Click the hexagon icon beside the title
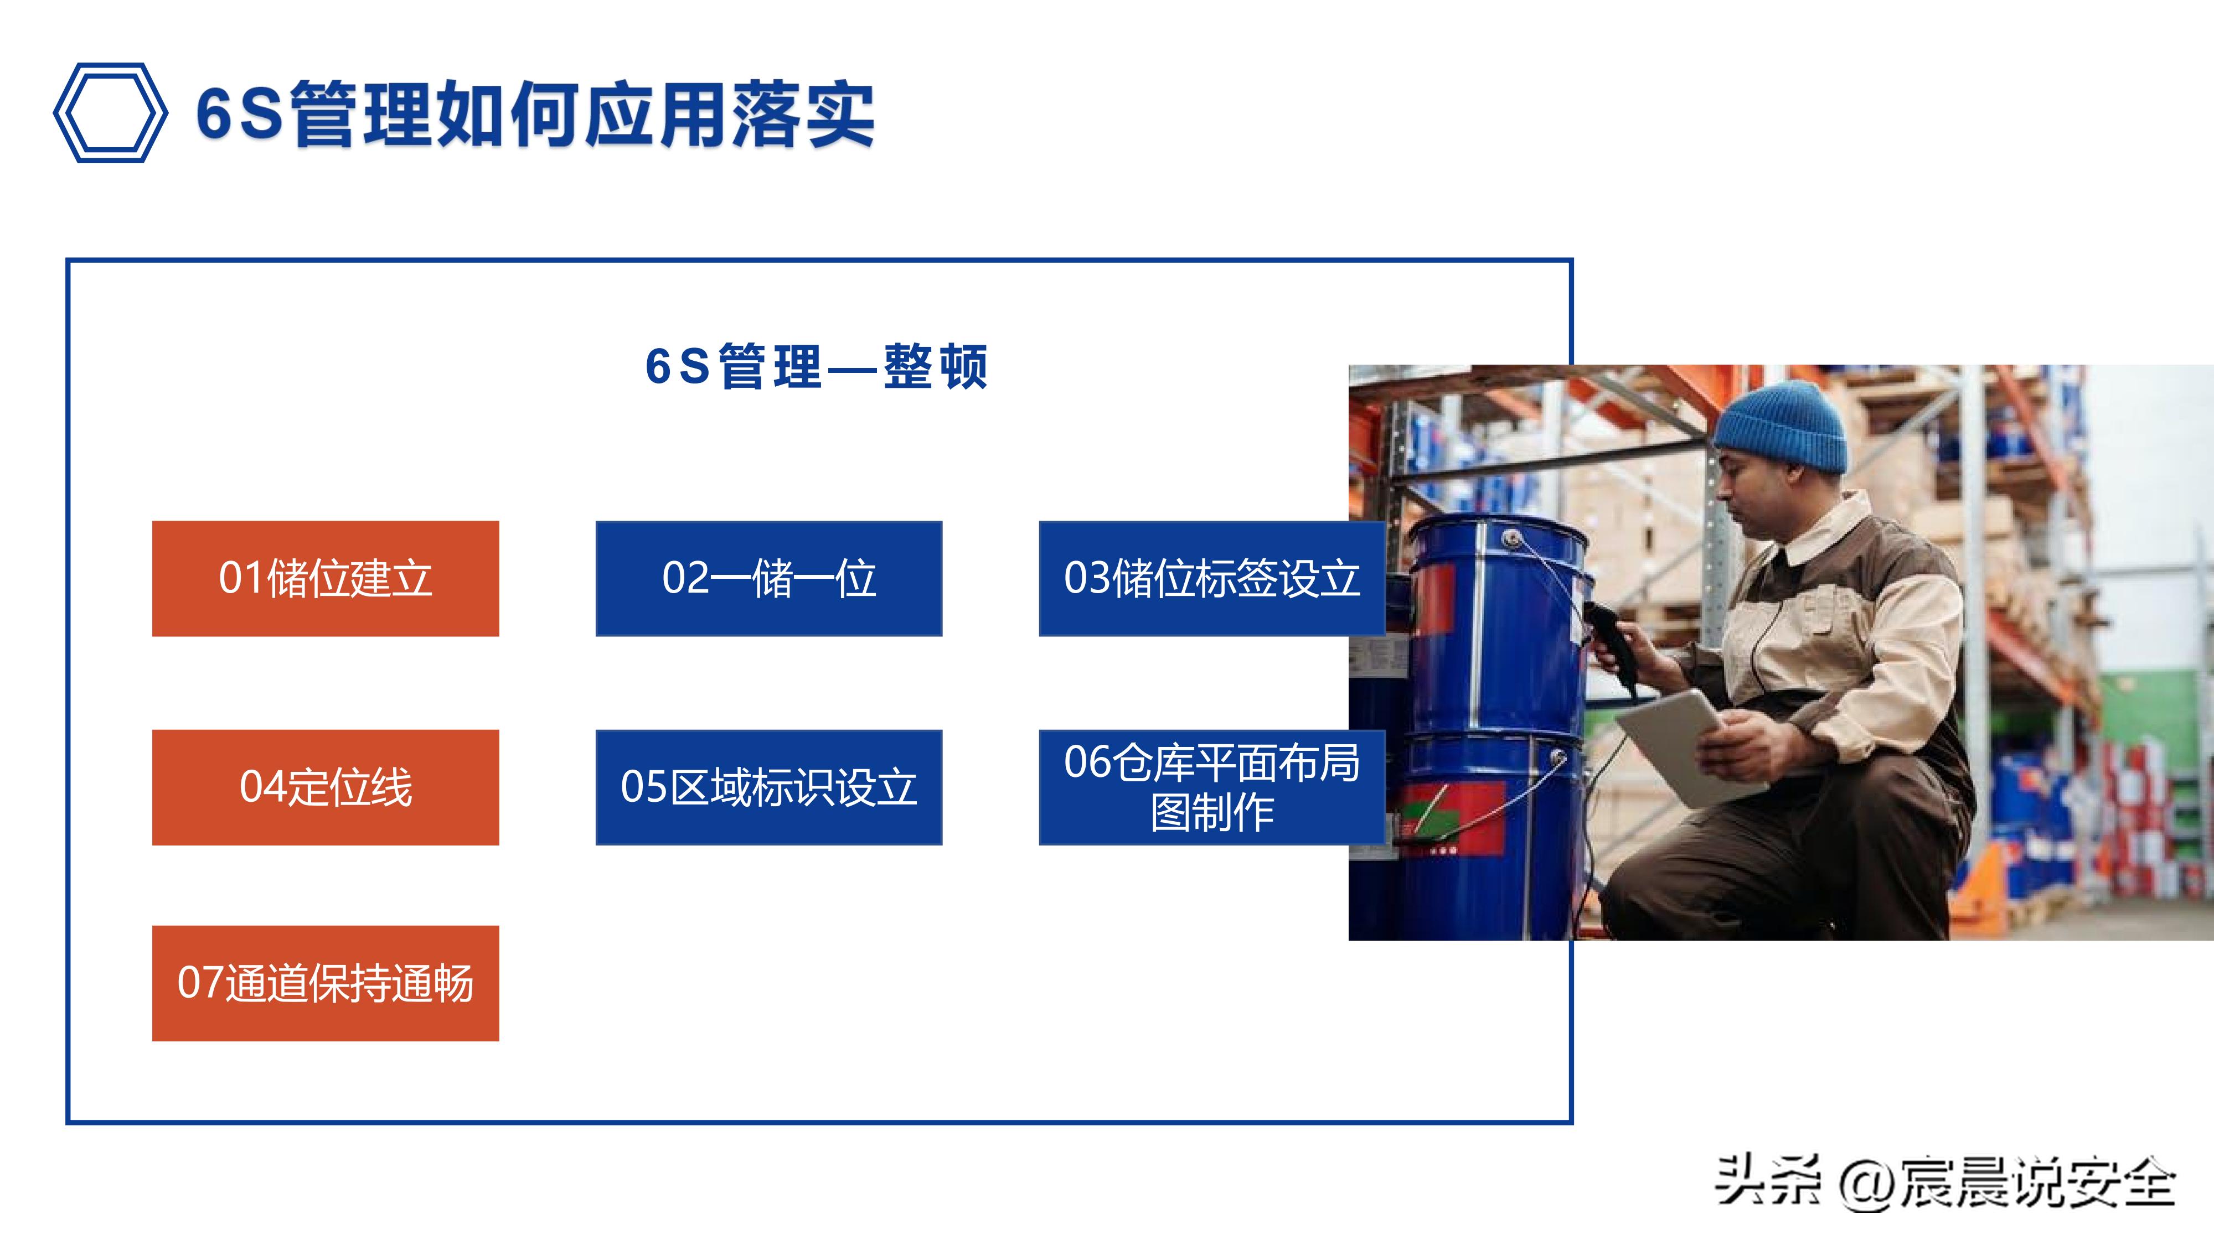point(110,112)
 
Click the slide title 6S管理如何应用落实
point(535,115)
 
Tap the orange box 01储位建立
point(325,578)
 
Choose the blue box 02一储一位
point(768,578)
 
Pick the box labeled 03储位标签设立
point(1211,578)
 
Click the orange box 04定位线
point(325,787)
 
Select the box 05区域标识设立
point(768,787)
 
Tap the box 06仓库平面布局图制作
point(1211,787)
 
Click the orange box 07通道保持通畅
point(325,983)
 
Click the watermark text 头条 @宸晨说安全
point(1944,1182)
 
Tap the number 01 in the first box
point(241,578)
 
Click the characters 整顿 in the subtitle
point(935,367)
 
